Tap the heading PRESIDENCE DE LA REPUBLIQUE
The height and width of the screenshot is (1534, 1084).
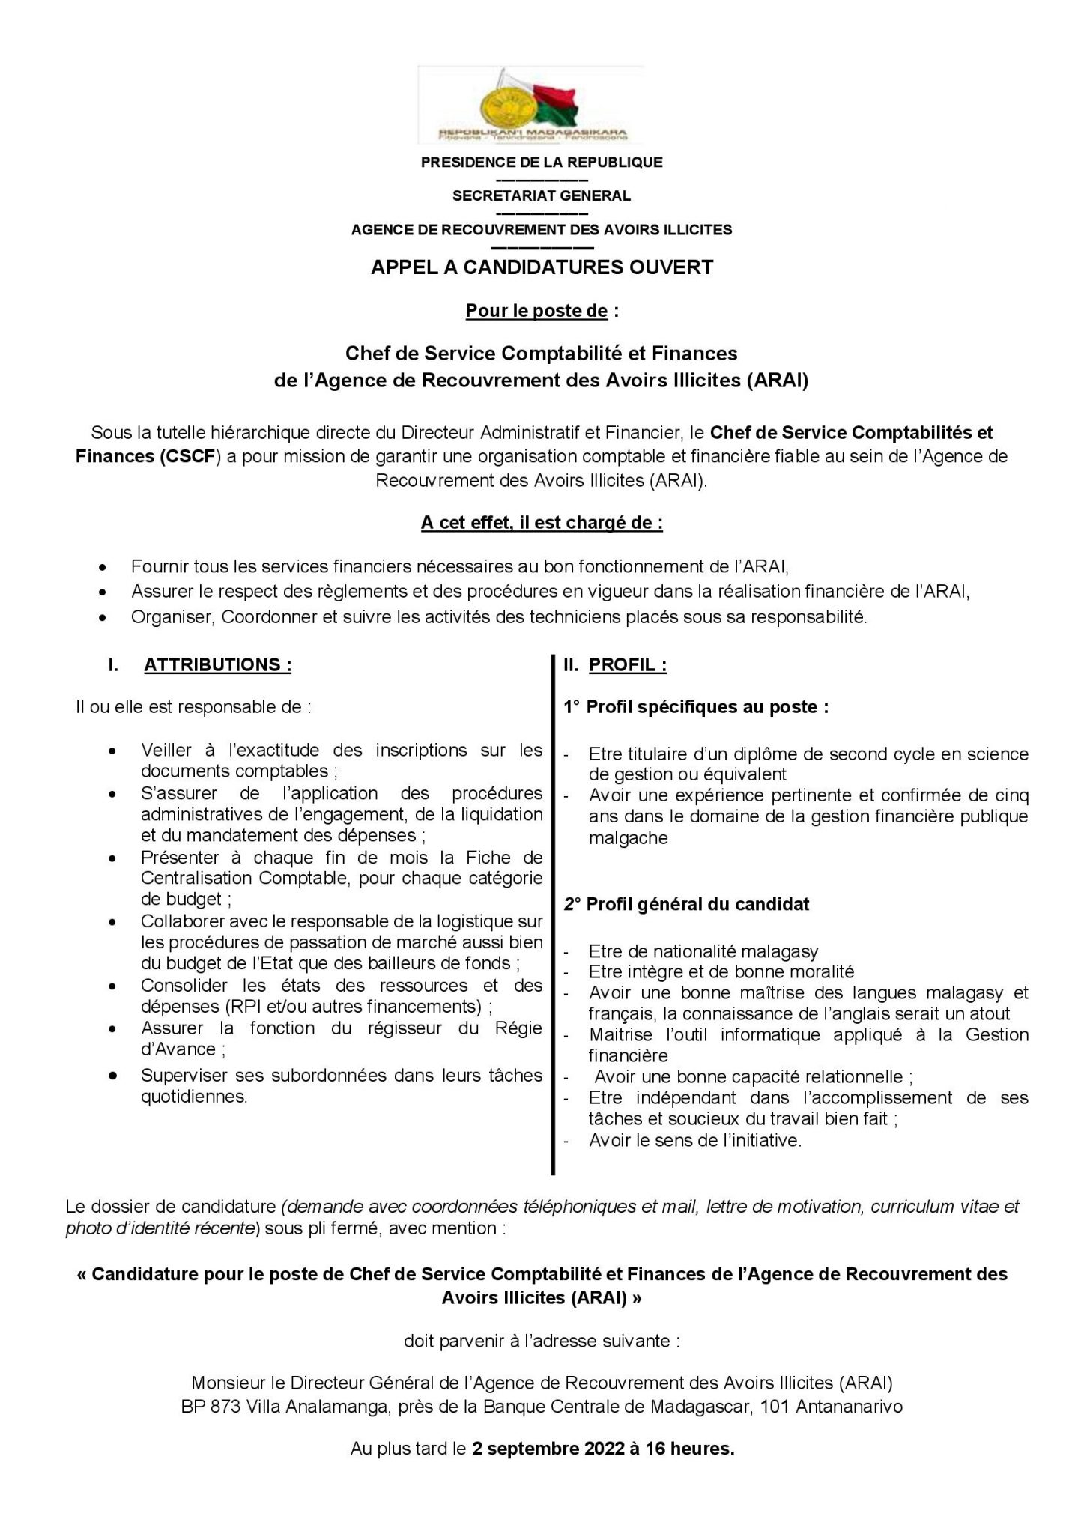click(x=542, y=162)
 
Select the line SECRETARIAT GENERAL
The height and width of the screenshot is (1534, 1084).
click(x=542, y=196)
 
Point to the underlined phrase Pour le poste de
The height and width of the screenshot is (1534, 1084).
click(x=536, y=311)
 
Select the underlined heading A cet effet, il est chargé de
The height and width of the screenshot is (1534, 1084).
click(x=542, y=523)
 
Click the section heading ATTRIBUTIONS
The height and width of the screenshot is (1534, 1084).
click(x=217, y=665)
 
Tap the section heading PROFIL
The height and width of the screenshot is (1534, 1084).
click(x=628, y=665)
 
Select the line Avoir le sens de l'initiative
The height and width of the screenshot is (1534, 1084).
click(x=695, y=1140)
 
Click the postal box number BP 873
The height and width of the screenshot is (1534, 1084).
click(x=211, y=1407)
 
